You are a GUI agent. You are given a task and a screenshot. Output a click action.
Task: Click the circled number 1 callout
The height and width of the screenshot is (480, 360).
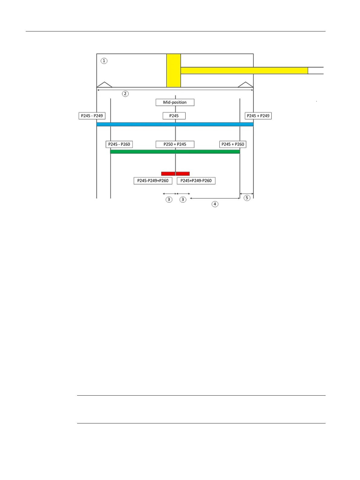tap(104, 61)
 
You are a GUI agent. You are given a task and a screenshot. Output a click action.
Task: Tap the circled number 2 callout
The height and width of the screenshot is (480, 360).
tap(125, 94)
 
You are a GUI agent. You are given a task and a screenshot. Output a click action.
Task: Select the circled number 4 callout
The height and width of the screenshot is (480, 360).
tap(215, 204)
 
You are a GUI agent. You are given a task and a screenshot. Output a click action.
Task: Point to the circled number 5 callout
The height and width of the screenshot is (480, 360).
tap(247, 198)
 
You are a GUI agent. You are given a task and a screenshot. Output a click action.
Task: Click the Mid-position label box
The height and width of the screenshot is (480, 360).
tap(175, 102)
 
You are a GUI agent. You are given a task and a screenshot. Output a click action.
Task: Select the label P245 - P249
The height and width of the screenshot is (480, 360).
tap(92, 116)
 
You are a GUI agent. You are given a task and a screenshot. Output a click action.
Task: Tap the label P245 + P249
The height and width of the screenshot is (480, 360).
tap(258, 116)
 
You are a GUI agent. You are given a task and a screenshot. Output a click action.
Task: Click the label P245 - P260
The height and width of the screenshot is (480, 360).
tap(119, 144)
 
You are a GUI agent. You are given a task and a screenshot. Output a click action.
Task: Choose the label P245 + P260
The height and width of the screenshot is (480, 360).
tap(233, 144)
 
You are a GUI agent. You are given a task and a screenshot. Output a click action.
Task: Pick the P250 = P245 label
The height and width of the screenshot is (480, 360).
tap(175, 144)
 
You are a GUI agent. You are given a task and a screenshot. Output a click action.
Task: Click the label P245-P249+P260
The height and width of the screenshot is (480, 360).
tap(153, 181)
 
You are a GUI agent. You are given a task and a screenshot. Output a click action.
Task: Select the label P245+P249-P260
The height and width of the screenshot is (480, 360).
tap(196, 181)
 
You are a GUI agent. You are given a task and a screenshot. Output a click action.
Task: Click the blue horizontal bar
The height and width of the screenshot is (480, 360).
tap(175, 124)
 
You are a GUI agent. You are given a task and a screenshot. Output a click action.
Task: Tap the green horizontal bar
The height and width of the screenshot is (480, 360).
tap(175, 152)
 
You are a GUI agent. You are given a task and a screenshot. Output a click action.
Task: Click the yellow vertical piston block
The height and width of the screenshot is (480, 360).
tap(174, 70)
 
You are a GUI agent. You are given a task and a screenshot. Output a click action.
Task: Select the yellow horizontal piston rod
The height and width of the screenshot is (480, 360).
tap(244, 70)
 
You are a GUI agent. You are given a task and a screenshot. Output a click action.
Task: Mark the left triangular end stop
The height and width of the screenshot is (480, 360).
tap(104, 84)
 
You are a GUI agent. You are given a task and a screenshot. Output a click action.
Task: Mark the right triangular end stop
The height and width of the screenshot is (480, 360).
tap(245, 84)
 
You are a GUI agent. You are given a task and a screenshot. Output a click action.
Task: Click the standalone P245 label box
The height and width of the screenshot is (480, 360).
tap(174, 116)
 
